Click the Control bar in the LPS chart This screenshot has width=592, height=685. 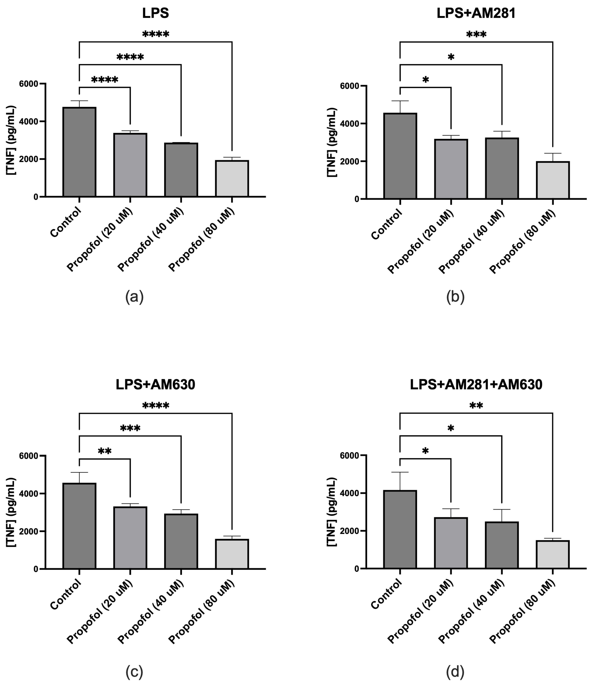coord(79,152)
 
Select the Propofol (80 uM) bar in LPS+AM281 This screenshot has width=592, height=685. coord(553,180)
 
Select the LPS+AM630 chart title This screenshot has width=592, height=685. coord(155,385)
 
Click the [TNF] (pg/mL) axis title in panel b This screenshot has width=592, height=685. coord(332,142)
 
